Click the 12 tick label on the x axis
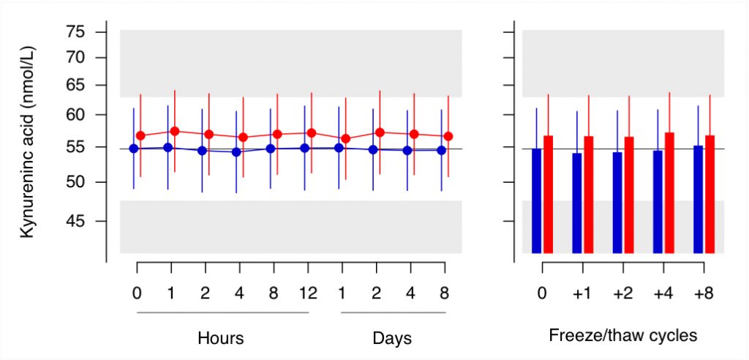[x=308, y=293]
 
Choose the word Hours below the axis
[x=221, y=338]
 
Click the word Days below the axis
[x=392, y=339]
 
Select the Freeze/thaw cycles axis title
[x=623, y=336]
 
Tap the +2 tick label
[x=623, y=293]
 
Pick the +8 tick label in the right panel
[x=703, y=293]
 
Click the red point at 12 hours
[x=312, y=133]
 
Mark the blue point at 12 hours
[x=304, y=149]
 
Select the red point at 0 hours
[x=140, y=136]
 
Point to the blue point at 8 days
[x=441, y=150]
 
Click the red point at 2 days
[x=380, y=132]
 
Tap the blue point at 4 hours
[x=236, y=152]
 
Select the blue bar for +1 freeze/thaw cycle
[x=577, y=203]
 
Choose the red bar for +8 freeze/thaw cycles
[x=710, y=194]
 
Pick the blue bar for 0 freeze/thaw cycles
[x=536, y=200]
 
